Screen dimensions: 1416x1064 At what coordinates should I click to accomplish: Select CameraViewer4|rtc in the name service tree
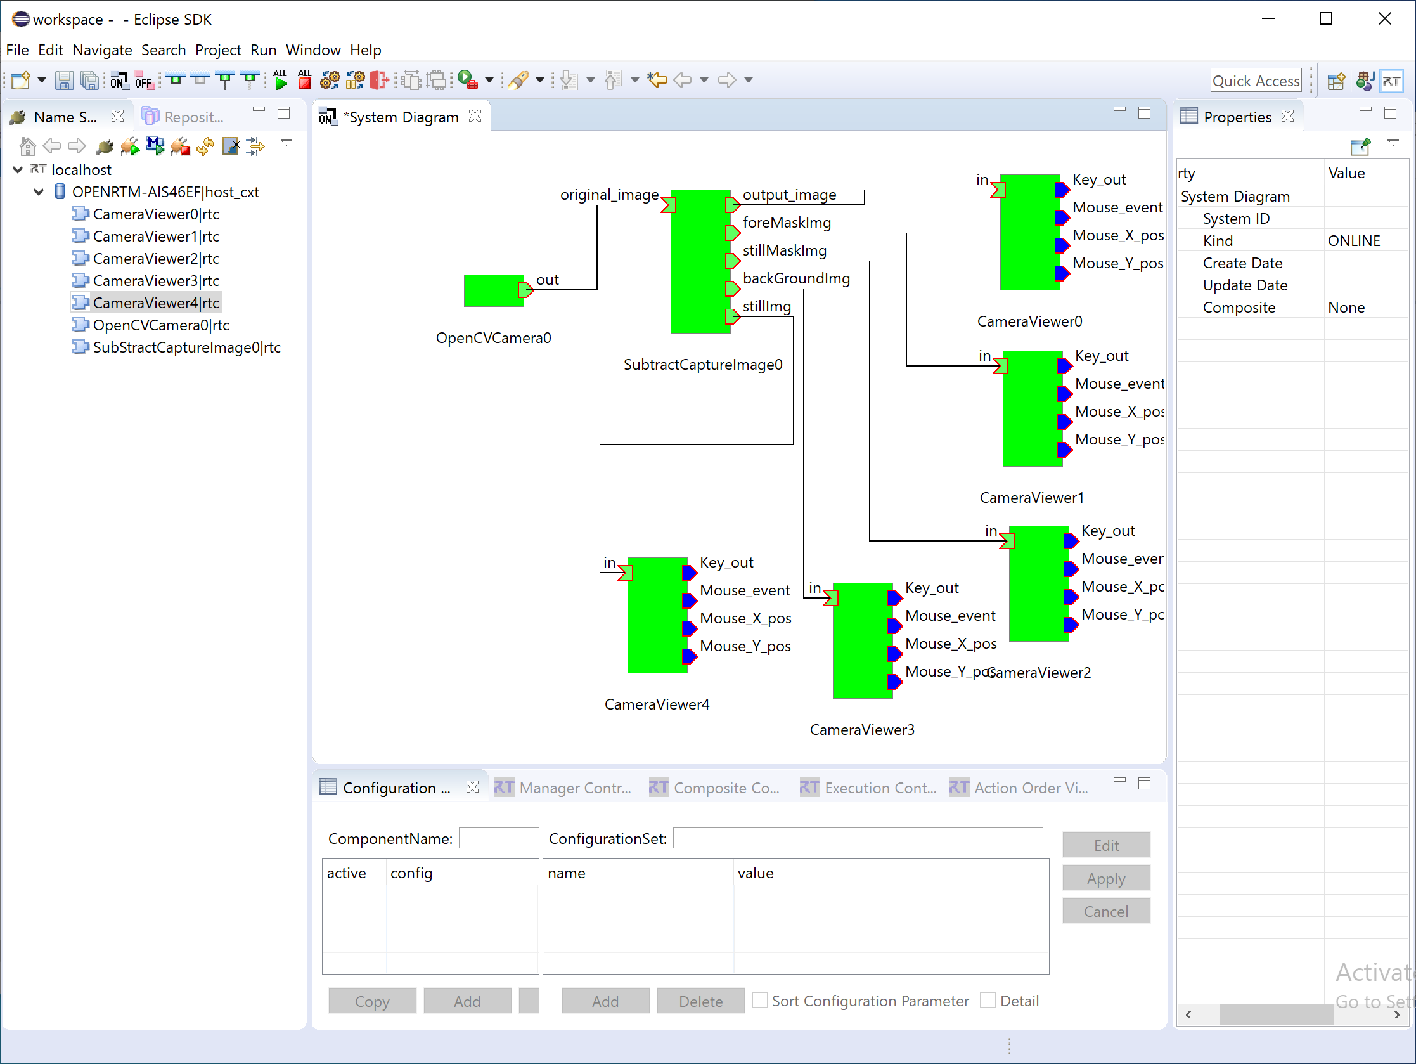[x=155, y=303]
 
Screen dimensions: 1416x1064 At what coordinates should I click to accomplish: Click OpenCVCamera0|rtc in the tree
[x=160, y=325]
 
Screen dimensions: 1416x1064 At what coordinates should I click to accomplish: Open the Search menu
[x=164, y=50]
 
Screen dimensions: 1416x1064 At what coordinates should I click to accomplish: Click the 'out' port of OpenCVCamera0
[x=526, y=290]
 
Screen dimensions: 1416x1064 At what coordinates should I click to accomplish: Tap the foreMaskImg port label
[x=787, y=223]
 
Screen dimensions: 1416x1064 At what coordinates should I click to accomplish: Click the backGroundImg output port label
[x=796, y=278]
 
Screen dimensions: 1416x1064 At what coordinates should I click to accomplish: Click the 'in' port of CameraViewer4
[x=626, y=573]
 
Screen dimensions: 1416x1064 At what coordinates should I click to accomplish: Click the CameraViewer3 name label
[x=862, y=730]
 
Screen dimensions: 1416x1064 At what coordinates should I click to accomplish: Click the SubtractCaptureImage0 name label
[x=703, y=365]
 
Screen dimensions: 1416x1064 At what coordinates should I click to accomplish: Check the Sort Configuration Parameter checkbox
[x=760, y=1001]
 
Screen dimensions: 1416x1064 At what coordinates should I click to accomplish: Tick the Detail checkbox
[x=988, y=1001]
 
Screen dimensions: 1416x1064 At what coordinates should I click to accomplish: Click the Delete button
[x=700, y=1001]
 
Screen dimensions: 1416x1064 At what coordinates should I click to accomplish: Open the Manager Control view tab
[x=563, y=788]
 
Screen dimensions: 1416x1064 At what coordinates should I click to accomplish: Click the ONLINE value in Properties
[x=1354, y=241]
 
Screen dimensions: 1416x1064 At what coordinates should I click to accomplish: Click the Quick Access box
[x=1256, y=81]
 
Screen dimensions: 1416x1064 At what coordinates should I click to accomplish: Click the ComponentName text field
[x=499, y=838]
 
